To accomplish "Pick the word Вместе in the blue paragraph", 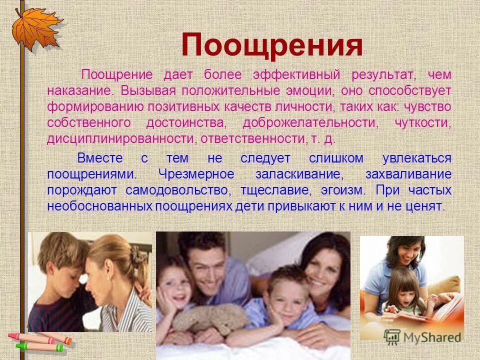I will pyautogui.click(x=99, y=158).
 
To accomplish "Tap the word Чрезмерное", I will pyautogui.click(x=196, y=174).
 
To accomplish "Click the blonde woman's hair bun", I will pyautogui.click(x=135, y=255).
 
